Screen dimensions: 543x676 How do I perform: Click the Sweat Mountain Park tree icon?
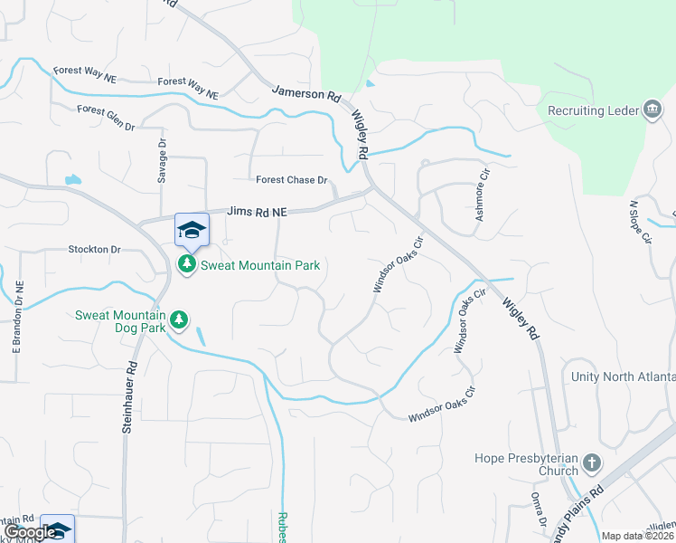pos(187,265)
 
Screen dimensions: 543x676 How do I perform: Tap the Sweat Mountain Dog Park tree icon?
pos(179,319)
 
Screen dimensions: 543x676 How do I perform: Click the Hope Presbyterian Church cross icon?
pos(591,464)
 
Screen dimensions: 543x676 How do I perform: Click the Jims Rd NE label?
pos(257,212)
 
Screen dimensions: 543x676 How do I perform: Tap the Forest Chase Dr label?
pos(291,180)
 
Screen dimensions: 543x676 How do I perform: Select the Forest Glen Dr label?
pos(106,117)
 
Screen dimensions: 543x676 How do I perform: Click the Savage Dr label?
pos(163,162)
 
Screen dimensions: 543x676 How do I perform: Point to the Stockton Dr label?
pos(94,249)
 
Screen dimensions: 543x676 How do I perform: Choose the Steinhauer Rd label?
pos(129,395)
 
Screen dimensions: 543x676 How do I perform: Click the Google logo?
pos(30,533)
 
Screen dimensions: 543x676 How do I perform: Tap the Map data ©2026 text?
pos(638,536)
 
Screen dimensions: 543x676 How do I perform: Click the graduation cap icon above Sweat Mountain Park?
pos(192,230)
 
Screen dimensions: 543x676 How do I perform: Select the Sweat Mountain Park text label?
pos(260,265)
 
